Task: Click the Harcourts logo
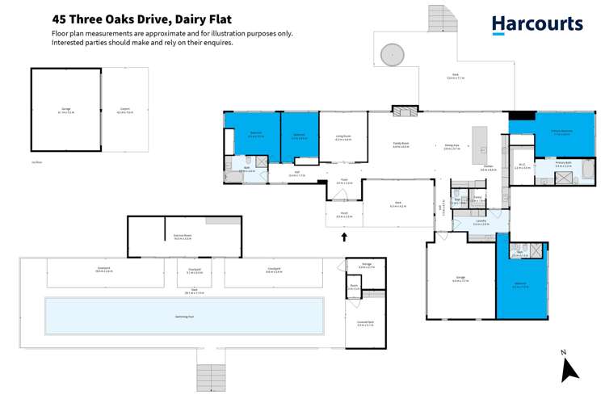click(x=536, y=24)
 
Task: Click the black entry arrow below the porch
click(x=344, y=237)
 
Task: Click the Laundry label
click(x=480, y=220)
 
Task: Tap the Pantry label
click(x=477, y=196)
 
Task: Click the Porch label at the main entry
click(x=343, y=215)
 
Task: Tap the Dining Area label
click(x=452, y=146)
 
